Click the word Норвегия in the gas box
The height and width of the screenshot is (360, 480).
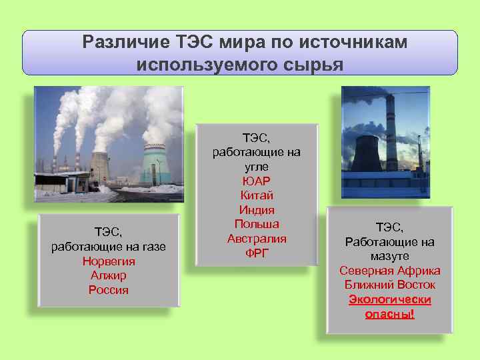coord(109,261)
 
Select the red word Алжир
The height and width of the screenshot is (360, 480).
coord(109,275)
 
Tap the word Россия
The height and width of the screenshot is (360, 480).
coord(109,290)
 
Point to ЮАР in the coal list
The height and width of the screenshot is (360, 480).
coord(257,181)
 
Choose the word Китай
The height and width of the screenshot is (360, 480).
coord(257,195)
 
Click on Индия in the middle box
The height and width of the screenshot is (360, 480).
coord(257,210)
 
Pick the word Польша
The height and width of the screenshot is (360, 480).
coord(257,224)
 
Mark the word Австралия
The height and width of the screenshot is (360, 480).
coord(257,239)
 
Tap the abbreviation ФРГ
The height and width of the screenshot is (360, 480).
coord(257,253)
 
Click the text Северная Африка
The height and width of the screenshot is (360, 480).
coord(390,271)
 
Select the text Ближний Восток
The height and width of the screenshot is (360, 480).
coord(390,285)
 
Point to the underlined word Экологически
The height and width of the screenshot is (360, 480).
coord(390,299)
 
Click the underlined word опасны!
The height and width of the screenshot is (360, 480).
coord(390,313)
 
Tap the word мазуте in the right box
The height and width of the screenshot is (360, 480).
coord(390,256)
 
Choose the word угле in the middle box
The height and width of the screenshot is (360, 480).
coord(257,167)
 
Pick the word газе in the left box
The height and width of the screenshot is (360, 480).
coord(151,247)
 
